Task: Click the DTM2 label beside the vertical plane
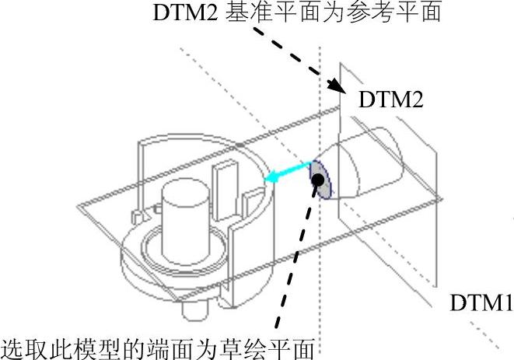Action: (x=390, y=100)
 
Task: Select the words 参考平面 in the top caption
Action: (x=404, y=15)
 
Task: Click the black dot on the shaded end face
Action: (x=319, y=180)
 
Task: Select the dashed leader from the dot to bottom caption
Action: (x=292, y=264)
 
